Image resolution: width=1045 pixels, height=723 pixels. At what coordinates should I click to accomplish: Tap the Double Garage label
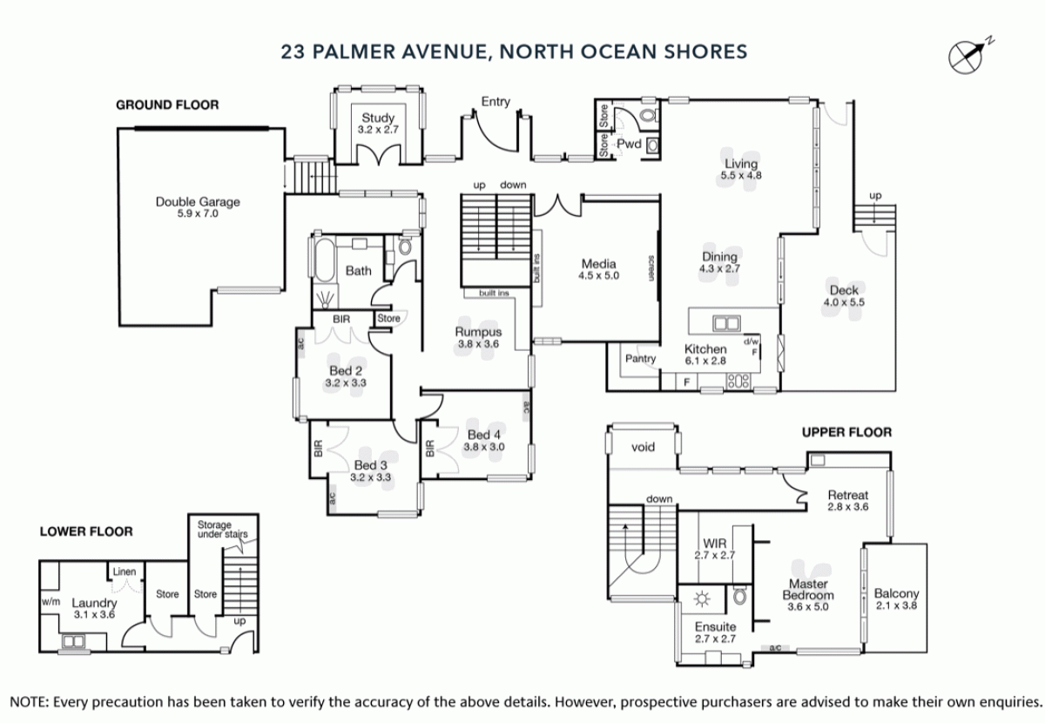click(198, 202)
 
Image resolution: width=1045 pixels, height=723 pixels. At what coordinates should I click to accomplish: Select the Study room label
click(378, 118)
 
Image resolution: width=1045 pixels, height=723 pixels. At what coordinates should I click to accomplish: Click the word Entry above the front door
click(496, 102)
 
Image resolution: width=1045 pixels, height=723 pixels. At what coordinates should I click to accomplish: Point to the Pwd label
click(629, 144)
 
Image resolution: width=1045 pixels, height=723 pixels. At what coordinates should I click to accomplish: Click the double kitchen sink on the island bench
click(726, 323)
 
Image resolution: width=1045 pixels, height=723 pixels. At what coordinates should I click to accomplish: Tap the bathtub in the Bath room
click(325, 260)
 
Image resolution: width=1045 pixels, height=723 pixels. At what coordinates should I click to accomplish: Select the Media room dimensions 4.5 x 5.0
click(598, 276)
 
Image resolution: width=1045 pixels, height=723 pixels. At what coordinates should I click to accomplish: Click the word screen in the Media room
click(651, 268)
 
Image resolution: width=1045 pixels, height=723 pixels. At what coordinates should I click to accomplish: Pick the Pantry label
click(641, 359)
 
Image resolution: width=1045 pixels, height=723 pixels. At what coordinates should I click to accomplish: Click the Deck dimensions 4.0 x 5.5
click(844, 302)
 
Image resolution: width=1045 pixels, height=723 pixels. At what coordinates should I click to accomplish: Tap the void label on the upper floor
click(643, 447)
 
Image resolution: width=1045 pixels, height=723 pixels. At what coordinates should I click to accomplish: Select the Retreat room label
click(848, 495)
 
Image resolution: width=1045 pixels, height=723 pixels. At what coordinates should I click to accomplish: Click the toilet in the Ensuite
click(740, 596)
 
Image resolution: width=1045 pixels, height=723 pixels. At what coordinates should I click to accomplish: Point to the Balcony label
click(896, 594)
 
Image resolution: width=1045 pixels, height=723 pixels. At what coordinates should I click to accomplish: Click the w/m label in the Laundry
click(51, 602)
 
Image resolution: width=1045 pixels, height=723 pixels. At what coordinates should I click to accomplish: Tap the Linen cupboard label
click(125, 571)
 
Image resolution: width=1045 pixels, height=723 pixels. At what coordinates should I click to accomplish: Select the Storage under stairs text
click(223, 530)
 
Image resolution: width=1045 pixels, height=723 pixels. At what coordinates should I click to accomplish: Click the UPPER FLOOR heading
click(846, 432)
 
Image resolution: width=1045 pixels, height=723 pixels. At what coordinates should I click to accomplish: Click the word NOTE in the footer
click(29, 702)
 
